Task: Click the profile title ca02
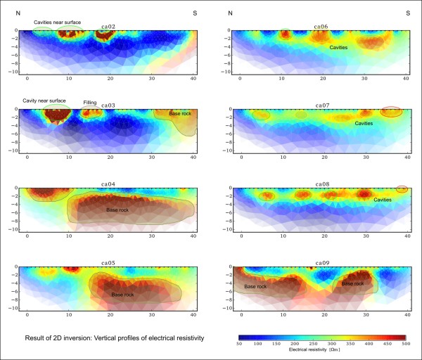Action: click(108, 27)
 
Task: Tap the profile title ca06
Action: click(321, 27)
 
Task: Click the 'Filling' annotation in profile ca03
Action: click(90, 102)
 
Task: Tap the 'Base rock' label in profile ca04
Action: click(117, 210)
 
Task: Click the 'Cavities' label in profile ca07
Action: click(364, 124)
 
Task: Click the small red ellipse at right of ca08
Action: click(402, 188)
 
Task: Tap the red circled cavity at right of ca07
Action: click(391, 111)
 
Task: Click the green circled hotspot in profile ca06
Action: click(285, 32)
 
